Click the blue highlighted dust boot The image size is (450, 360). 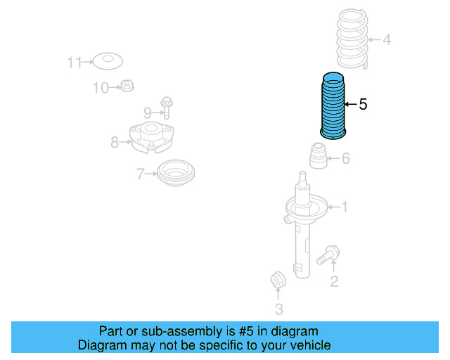[x=332, y=105]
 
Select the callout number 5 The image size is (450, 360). [x=363, y=105]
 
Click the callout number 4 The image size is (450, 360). [x=387, y=39]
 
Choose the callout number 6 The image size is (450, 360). [x=345, y=158]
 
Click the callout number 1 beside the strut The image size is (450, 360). [x=344, y=207]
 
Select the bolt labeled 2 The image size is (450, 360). [x=327, y=255]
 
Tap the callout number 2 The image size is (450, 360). [x=334, y=282]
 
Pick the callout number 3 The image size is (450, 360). [x=278, y=309]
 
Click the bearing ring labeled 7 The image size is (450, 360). [x=174, y=173]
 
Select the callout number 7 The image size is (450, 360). [x=140, y=173]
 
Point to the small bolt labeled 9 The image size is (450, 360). [x=167, y=107]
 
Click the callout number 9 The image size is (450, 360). [x=148, y=112]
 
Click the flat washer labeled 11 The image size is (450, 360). [x=108, y=62]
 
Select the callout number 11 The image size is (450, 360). [x=75, y=63]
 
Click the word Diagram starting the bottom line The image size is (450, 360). [x=100, y=345]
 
